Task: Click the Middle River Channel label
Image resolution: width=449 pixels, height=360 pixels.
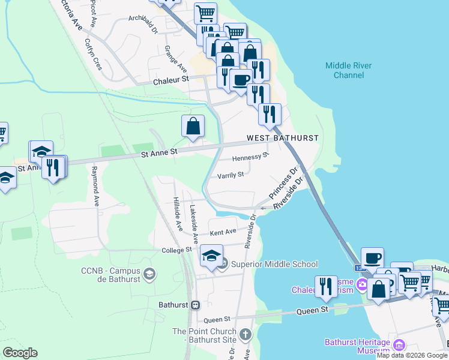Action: pos(348,70)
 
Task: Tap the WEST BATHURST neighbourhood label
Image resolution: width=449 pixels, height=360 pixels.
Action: pos(282,138)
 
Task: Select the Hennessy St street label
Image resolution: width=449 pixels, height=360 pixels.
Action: pos(250,157)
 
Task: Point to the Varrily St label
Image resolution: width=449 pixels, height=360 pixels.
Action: pos(231,175)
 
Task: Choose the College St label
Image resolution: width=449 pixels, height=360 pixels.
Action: pos(176,250)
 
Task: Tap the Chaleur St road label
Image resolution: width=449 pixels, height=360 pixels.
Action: pos(170,79)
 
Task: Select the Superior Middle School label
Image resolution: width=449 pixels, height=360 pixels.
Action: pos(274,264)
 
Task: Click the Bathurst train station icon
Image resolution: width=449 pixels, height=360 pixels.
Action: pos(195,305)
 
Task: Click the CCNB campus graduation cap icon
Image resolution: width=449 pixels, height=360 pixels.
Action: pos(149,274)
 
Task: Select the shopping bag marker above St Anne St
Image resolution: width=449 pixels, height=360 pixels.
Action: pos(193,126)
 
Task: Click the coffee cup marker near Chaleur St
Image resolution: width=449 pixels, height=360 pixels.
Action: pos(241,80)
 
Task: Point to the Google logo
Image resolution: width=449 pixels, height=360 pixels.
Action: pos(20,353)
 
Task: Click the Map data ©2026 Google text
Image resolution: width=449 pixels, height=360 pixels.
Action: pos(412,356)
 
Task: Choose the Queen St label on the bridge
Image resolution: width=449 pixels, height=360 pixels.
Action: pos(315,310)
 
